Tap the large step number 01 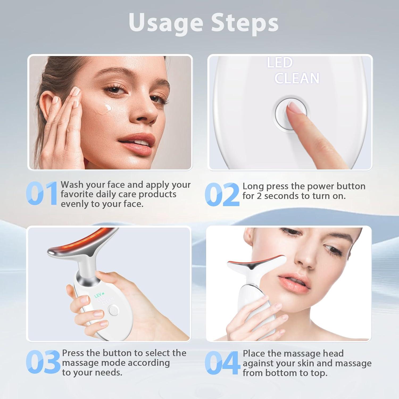(x=42, y=193)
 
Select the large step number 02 (x=222, y=194)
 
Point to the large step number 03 (x=43, y=362)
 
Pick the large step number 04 (x=222, y=363)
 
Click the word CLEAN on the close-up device (x=297, y=78)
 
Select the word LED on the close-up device (x=280, y=63)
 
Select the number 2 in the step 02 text (x=259, y=196)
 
